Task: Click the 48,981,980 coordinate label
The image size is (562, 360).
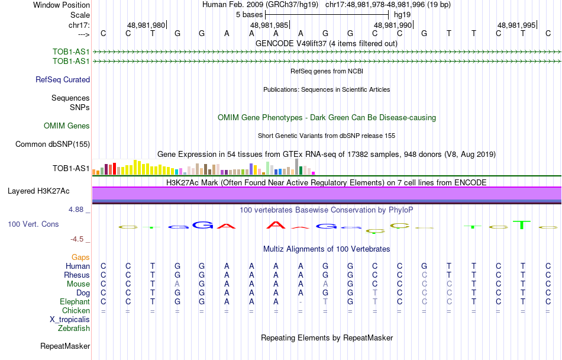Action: (x=146, y=25)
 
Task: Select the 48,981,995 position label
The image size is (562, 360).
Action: (x=516, y=25)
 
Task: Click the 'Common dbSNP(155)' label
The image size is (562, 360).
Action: (x=53, y=144)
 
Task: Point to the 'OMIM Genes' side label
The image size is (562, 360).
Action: (x=67, y=126)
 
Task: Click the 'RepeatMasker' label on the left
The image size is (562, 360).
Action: (x=65, y=346)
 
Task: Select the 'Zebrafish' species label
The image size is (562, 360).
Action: (x=74, y=328)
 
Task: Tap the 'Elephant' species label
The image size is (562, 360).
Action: (x=75, y=301)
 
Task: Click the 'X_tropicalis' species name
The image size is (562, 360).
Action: (x=70, y=319)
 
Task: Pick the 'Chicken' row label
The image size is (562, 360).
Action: (x=76, y=310)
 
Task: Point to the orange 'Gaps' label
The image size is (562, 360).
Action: (x=81, y=257)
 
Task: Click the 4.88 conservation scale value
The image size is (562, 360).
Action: (x=77, y=209)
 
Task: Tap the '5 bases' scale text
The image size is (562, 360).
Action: (x=249, y=14)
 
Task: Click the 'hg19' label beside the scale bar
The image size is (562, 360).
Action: (x=402, y=14)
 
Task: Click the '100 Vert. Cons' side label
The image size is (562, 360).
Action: (x=33, y=224)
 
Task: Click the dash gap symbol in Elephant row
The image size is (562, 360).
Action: (x=301, y=302)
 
